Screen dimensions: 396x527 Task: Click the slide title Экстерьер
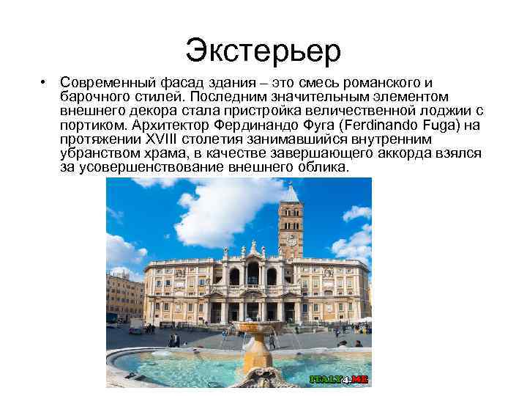pos(263,50)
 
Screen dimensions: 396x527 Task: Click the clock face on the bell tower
pos(291,239)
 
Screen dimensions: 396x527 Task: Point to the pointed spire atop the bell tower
pos(291,189)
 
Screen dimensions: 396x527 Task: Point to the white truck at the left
pos(136,325)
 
